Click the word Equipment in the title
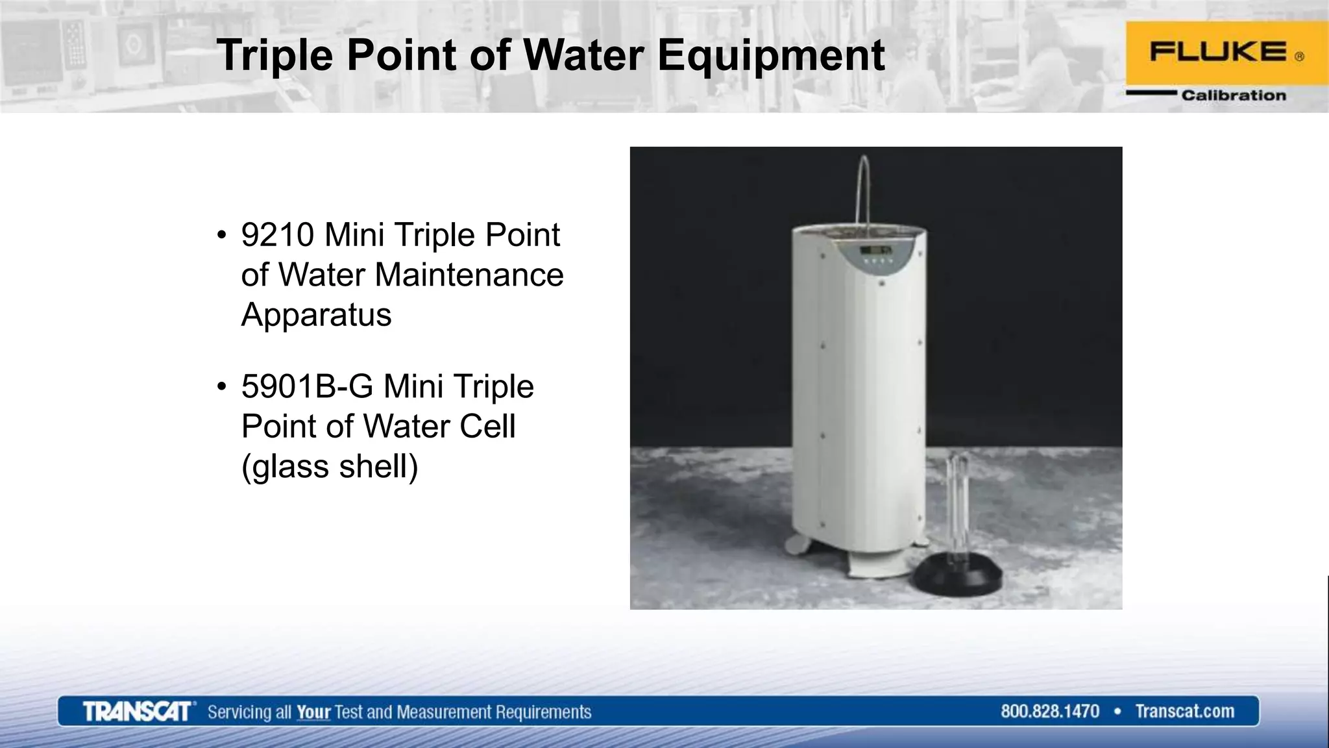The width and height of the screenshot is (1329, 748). pos(771,56)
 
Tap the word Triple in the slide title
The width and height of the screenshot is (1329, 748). pos(275,56)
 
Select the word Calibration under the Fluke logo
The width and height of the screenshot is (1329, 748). pos(1233,95)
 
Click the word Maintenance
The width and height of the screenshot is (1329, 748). pos(469,275)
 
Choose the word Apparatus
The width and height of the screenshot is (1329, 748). pos(316,315)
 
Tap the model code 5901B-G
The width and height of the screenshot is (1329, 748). pos(307,387)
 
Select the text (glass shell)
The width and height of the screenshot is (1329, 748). pos(330,467)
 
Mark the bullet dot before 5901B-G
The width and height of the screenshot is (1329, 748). pos(222,387)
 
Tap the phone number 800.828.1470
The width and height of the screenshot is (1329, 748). pos(1049,712)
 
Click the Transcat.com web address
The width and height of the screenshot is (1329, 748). pos(1184,712)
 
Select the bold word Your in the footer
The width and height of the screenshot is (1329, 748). pos(313,712)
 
